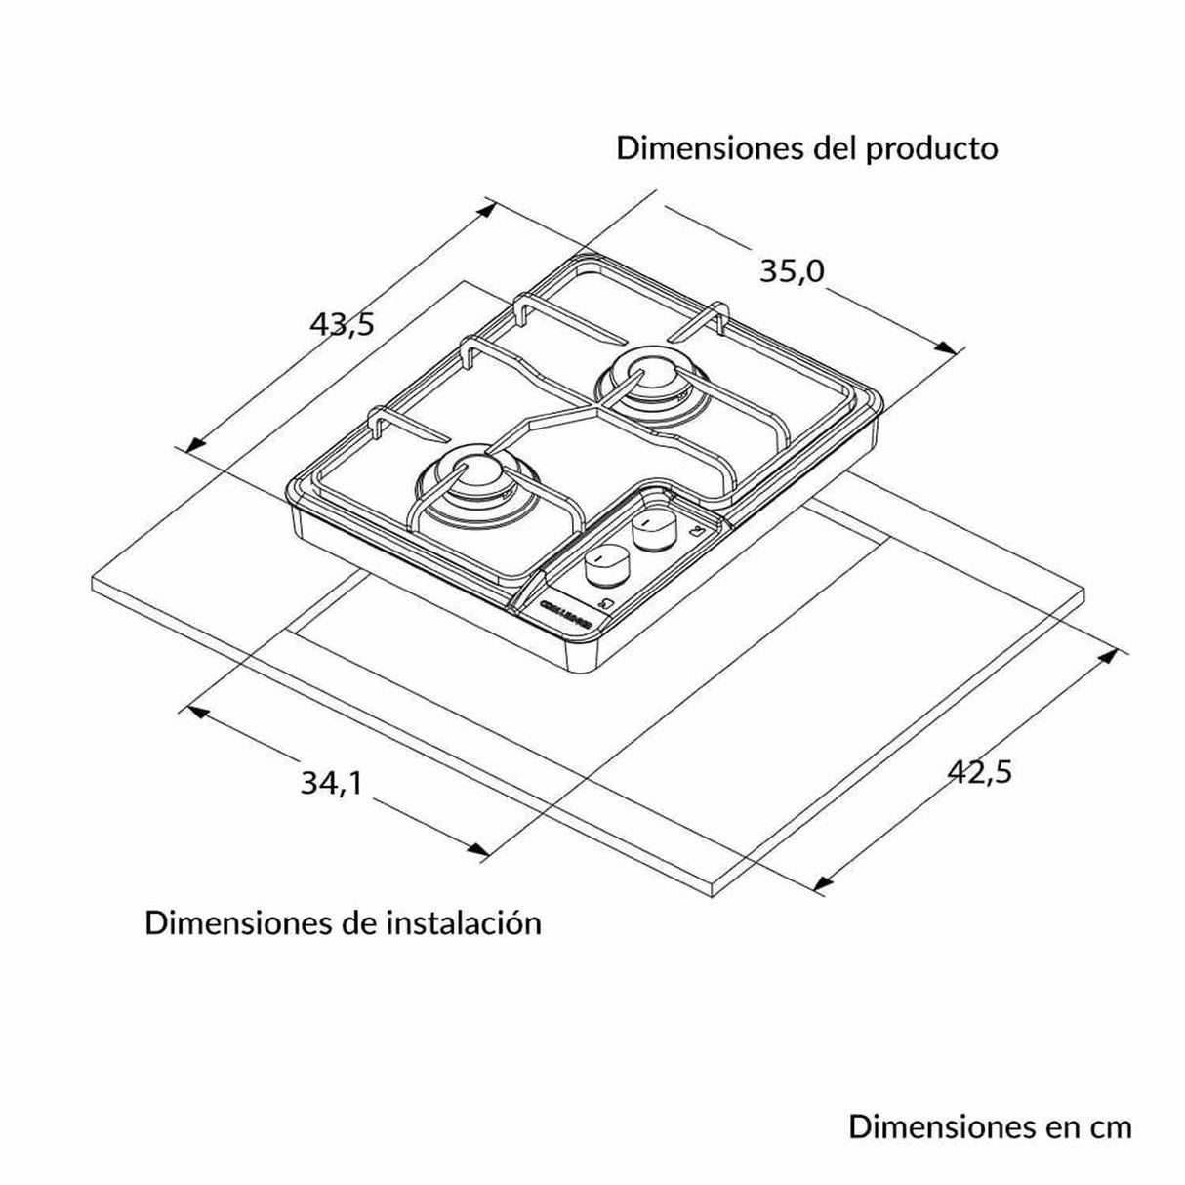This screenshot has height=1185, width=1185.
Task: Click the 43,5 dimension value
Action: click(342, 323)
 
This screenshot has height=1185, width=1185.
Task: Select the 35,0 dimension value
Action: click(792, 271)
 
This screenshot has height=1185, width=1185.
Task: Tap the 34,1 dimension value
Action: click(331, 782)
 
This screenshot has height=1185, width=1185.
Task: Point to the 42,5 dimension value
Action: click(980, 771)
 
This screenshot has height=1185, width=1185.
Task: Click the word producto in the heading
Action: click(931, 148)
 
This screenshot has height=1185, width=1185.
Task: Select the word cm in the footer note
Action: click(1111, 1126)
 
